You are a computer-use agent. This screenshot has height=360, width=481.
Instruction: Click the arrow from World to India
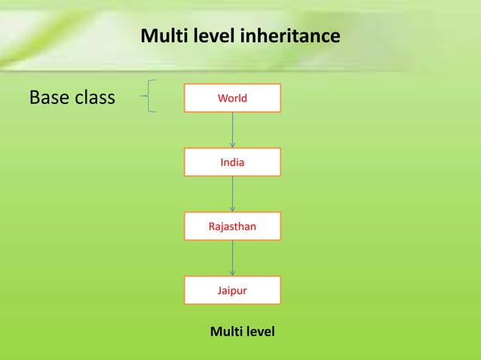[x=232, y=130]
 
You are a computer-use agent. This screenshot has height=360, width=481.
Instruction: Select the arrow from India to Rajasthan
[x=232, y=194]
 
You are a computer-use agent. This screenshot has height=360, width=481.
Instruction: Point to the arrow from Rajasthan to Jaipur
[x=232, y=258]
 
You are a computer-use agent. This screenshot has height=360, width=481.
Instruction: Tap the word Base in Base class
[x=49, y=98]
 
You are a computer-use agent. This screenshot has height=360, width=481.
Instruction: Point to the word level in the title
[x=212, y=36]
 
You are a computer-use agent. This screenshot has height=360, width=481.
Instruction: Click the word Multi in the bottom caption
[x=225, y=331]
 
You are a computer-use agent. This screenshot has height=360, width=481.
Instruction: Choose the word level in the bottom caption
[x=259, y=331]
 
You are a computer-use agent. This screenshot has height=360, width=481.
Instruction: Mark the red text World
[x=232, y=98]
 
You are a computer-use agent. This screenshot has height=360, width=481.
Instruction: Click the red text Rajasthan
[x=232, y=226]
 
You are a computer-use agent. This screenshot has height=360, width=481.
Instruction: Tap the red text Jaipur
[x=232, y=290]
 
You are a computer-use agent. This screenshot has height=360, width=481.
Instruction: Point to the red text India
[x=232, y=162]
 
